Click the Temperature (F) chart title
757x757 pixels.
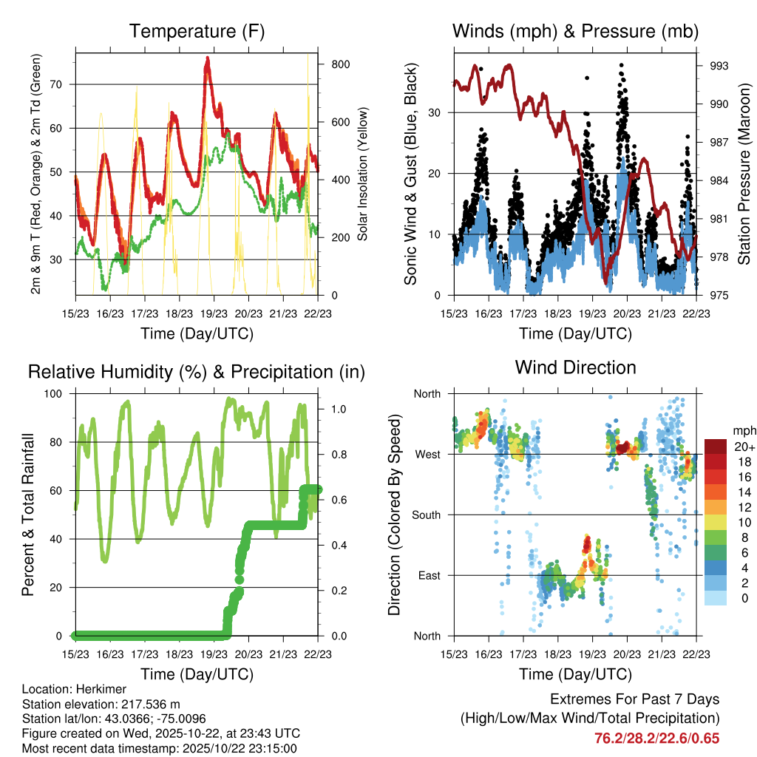pyautogui.click(x=196, y=32)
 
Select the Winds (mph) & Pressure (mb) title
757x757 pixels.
pyautogui.click(x=575, y=32)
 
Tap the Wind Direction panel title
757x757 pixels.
pyautogui.click(x=575, y=367)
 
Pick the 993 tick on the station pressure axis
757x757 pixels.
pyautogui.click(x=719, y=66)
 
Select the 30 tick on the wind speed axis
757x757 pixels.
pyautogui.click(x=435, y=112)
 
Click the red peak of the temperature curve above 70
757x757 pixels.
pyautogui.click(x=208, y=59)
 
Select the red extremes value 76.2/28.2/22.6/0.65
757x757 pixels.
pyautogui.click(x=656, y=738)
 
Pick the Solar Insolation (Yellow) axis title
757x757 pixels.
pyautogui.click(x=362, y=174)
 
